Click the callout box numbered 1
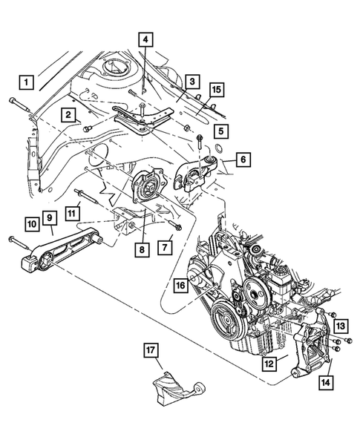(x=27, y=81)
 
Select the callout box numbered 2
(x=68, y=114)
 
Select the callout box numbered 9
(x=50, y=217)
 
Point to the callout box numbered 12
(x=269, y=364)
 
